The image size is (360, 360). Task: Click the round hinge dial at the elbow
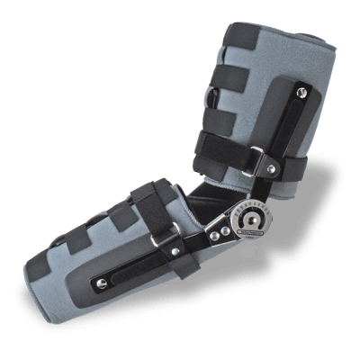coord(247,220)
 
